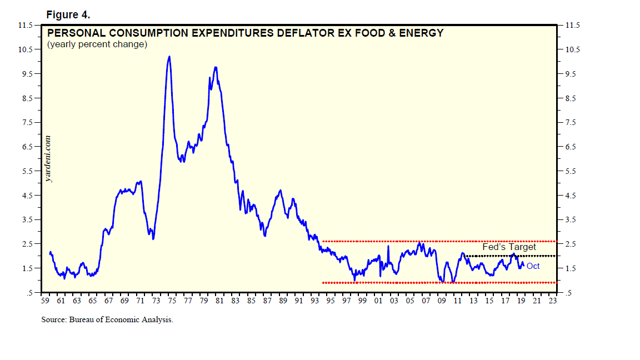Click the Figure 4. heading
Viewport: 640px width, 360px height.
point(68,14)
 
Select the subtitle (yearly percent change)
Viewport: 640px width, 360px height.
point(97,44)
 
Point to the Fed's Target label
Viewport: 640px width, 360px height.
point(509,247)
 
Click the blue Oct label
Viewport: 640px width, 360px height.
point(533,266)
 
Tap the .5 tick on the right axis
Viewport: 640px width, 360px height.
point(568,293)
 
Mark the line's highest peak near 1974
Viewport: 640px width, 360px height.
point(169,57)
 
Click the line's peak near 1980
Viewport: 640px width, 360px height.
point(215,67)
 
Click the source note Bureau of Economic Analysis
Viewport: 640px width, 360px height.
point(107,320)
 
